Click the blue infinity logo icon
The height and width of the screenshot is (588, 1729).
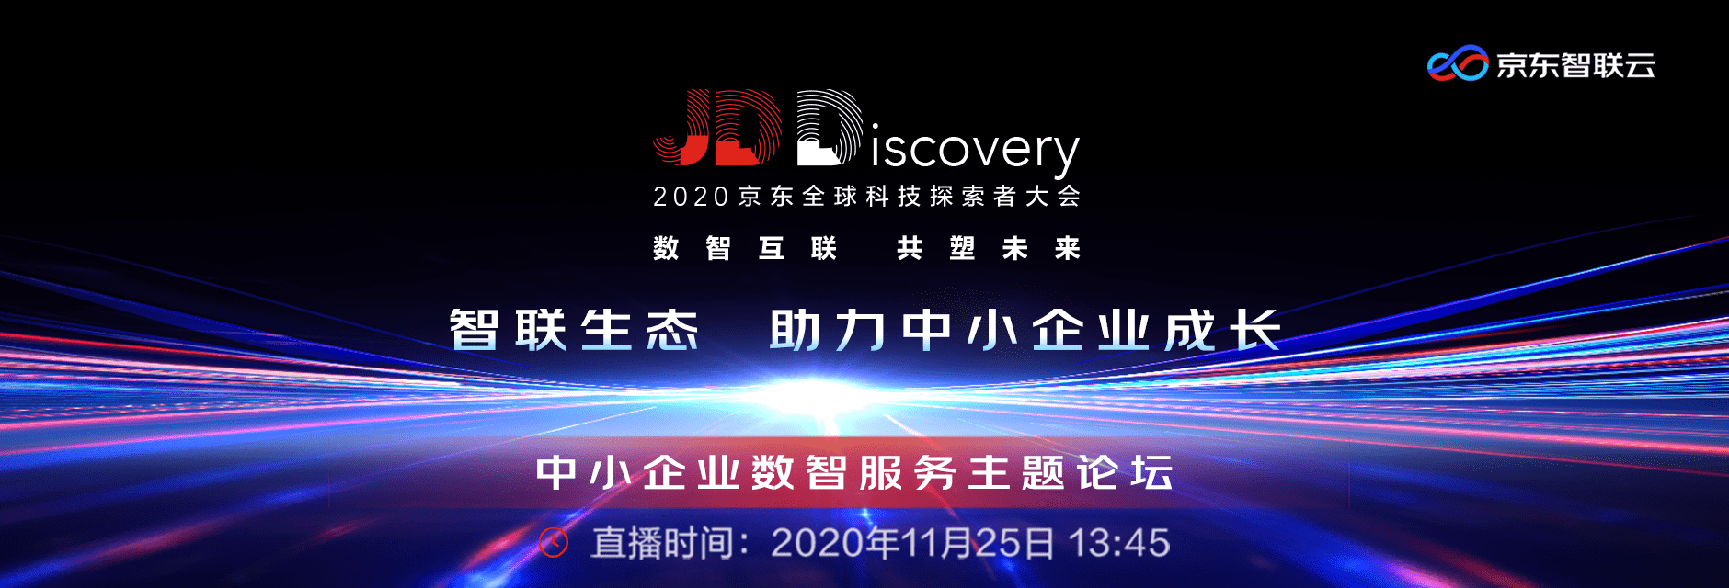click(x=1458, y=63)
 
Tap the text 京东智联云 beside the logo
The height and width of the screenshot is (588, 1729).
click(x=1575, y=64)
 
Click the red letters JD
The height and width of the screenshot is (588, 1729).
click(x=716, y=128)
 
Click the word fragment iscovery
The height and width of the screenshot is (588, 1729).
click(x=975, y=149)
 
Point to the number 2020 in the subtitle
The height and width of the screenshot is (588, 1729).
click(x=691, y=197)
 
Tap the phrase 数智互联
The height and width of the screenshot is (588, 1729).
click(x=745, y=248)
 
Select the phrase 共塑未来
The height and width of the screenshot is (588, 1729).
click(x=989, y=248)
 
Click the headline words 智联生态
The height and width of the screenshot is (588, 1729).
click(x=574, y=330)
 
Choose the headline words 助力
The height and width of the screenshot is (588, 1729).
click(x=828, y=330)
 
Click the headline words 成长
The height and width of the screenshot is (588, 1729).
click(x=1222, y=330)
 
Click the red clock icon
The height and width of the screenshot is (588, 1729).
click(x=554, y=543)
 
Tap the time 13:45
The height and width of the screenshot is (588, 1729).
click(x=1119, y=543)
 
